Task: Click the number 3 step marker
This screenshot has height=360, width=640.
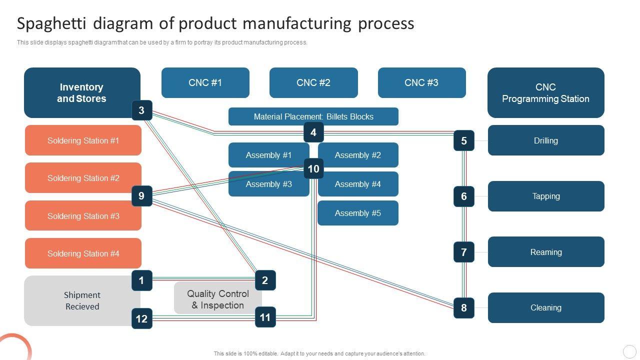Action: coord(141,110)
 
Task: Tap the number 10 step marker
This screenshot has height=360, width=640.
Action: coord(313,169)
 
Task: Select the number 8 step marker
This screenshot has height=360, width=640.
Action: coord(463,308)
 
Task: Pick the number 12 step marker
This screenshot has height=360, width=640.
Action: coord(141,318)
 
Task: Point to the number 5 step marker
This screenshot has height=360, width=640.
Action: coord(463,141)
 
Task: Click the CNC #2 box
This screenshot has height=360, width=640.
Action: coord(313,83)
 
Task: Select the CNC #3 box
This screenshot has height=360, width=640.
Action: coord(421,83)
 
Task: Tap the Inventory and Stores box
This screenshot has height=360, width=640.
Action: coord(81,92)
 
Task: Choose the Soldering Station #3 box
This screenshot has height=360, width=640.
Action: coord(83,216)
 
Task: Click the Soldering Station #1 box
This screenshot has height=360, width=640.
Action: coord(83,140)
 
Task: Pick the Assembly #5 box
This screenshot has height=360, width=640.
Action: coord(358,213)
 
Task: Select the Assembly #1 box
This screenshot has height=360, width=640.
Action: coord(268,155)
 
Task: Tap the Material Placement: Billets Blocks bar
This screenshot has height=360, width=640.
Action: coord(313,116)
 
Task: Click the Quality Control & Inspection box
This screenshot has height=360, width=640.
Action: coord(217,299)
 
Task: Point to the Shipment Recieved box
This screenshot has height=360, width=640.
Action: coord(82,300)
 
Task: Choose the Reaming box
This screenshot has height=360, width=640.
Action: coord(546,252)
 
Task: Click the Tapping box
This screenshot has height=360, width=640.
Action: coord(546,196)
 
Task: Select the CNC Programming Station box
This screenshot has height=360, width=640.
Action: coord(545,93)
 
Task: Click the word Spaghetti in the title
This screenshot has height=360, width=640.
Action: coord(52,23)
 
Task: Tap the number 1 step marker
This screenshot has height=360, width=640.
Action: coord(141,280)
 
